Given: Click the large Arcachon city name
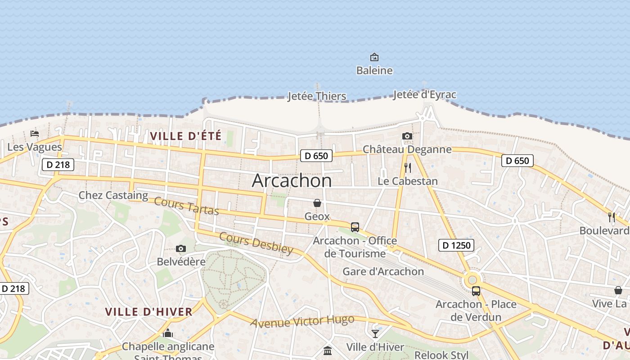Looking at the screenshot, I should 292,180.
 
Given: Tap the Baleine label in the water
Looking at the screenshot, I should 374,71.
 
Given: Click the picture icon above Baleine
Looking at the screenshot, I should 374,57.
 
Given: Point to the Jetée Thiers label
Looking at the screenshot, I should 317,96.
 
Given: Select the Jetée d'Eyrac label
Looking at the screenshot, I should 424,94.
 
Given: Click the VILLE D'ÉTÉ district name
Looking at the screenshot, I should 185,136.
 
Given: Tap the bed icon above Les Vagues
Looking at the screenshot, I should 35,133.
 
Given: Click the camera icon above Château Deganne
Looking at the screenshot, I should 407,136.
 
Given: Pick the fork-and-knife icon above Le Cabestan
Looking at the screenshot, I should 408,168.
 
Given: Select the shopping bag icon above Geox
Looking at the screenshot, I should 317,203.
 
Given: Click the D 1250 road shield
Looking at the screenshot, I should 456,245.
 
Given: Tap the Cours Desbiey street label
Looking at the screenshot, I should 256,243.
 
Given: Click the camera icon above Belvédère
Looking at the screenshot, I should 181,248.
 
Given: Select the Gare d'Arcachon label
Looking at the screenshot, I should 383,271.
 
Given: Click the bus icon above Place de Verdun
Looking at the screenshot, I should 476,291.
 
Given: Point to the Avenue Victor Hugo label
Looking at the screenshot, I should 302,321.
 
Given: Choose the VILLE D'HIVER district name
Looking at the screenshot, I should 148,311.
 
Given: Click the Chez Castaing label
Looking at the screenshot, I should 113,195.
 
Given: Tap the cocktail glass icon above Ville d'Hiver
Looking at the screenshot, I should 375,333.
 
